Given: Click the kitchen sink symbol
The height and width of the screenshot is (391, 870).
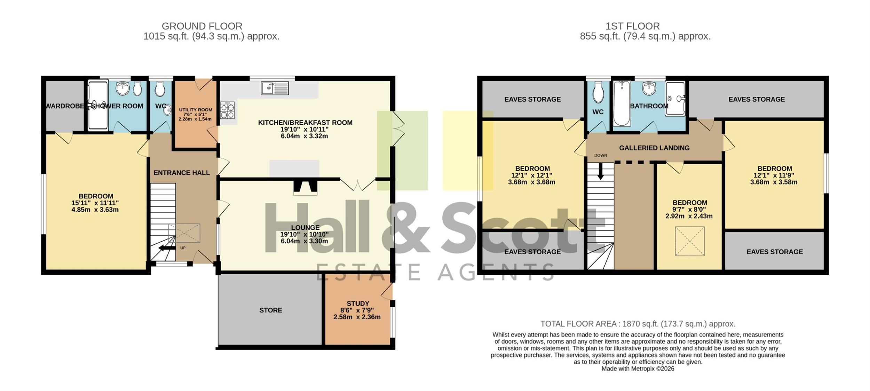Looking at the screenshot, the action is pyautogui.click(x=275, y=88).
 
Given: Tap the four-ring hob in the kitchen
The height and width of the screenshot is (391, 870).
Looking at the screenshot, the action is pyautogui.click(x=227, y=110).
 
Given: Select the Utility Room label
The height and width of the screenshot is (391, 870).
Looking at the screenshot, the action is pyautogui.click(x=195, y=110).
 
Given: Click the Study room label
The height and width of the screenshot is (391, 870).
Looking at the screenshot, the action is pyautogui.click(x=358, y=303).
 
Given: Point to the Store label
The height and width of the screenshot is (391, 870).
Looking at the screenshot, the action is pyautogui.click(x=270, y=310).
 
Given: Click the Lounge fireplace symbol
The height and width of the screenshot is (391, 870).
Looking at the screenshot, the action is pyautogui.click(x=305, y=187).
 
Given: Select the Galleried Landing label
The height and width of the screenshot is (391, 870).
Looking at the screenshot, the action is pyautogui.click(x=654, y=148).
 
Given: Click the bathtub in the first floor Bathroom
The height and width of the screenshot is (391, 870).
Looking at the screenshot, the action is pyautogui.click(x=622, y=103).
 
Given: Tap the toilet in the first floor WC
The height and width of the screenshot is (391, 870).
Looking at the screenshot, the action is pyautogui.click(x=598, y=92).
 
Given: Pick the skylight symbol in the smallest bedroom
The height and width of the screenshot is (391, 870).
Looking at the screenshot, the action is pyautogui.click(x=690, y=241).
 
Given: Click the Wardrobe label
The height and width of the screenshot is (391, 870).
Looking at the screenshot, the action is pyautogui.click(x=65, y=106).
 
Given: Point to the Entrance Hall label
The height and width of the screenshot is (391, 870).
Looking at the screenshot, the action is pyautogui.click(x=182, y=173).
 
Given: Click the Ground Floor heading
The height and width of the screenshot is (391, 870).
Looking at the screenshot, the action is pyautogui.click(x=202, y=26).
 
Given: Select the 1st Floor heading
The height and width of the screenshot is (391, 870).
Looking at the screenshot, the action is pyautogui.click(x=632, y=26).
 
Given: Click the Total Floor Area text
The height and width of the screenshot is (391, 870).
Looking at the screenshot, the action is pyautogui.click(x=638, y=324).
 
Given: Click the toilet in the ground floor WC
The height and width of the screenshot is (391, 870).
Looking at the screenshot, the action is pyautogui.click(x=160, y=89).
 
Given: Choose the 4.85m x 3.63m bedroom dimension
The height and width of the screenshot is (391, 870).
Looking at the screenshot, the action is pyautogui.click(x=95, y=210).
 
